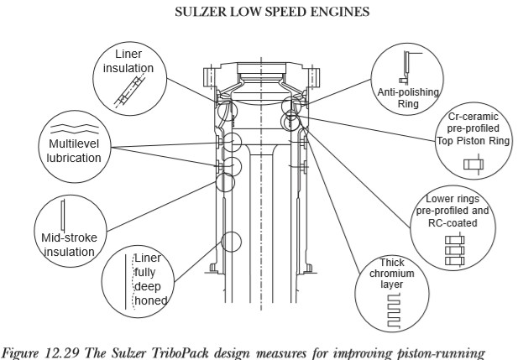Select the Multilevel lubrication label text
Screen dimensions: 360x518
(69, 150)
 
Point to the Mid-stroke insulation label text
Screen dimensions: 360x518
(69, 245)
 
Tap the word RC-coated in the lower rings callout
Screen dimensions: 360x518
(458, 223)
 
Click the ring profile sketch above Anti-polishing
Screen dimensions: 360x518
(406, 66)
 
